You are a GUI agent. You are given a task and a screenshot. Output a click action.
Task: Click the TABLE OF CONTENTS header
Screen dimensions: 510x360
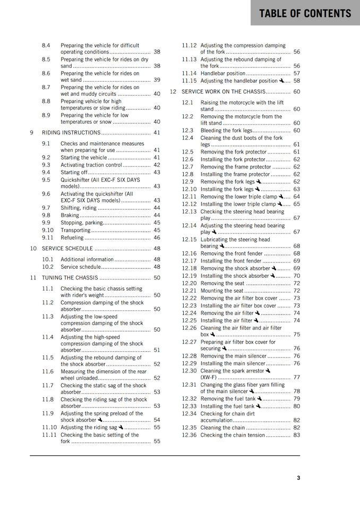pos(305,13)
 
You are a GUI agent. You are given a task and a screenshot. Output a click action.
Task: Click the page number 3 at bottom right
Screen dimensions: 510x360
pos(298,478)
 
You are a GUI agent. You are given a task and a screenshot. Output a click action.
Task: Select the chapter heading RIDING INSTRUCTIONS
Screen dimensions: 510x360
pos(72,133)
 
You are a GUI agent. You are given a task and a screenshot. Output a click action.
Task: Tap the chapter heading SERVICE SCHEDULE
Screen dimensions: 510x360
pos(67,249)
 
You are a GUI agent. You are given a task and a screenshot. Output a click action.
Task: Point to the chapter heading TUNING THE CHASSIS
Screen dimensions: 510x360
pos(70,278)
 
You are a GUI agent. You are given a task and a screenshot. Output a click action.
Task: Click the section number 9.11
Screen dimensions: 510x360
pos(48,237)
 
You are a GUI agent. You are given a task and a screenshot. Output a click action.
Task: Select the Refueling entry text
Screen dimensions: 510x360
pos(72,237)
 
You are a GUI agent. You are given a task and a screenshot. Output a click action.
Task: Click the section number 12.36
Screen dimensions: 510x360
pos(189,435)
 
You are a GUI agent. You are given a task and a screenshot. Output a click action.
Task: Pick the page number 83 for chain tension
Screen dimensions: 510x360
pos(296,435)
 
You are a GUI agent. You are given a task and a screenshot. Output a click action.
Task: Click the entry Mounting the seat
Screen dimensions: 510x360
pos(222,291)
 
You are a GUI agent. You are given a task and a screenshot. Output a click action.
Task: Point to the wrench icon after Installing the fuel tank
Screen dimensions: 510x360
pos(258,406)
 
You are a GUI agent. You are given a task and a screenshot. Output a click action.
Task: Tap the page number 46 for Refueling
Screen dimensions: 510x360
pos(157,237)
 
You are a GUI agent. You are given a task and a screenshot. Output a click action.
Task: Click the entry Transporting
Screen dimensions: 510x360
pos(75,230)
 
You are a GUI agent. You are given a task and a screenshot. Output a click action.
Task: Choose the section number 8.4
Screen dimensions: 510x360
pos(46,46)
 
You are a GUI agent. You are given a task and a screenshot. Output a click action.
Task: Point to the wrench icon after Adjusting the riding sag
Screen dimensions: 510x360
pos(121,427)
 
